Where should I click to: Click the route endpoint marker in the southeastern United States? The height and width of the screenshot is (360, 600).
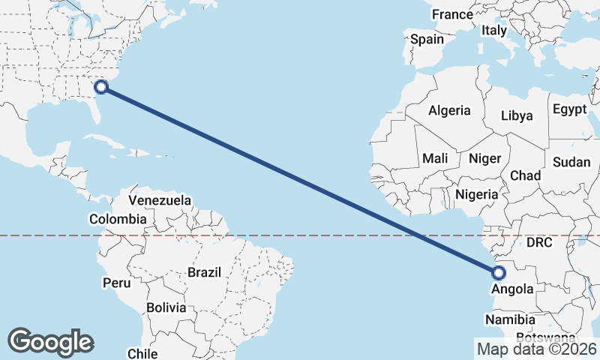tap(102, 86)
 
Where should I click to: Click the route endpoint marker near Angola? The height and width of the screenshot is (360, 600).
tap(499, 272)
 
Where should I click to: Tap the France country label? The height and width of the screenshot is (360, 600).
tap(452, 14)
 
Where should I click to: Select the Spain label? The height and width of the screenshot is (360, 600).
tap(427, 39)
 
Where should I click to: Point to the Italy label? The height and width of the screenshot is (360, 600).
tap(494, 31)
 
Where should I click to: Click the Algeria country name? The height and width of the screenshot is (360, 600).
tap(449, 110)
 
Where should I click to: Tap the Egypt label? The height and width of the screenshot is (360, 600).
tap(569, 109)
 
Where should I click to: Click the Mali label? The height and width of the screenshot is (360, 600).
tap(435, 158)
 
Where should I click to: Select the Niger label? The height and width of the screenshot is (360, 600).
tap(484, 158)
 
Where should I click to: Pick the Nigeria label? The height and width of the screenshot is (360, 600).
tap(476, 194)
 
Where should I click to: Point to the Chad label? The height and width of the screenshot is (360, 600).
tap(525, 175)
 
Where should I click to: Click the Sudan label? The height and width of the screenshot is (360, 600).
tap(571, 162)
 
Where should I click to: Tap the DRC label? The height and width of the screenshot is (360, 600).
tap(538, 243)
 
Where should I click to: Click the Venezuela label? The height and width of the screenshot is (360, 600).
tap(160, 200)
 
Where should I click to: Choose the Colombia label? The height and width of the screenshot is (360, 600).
tap(118, 219)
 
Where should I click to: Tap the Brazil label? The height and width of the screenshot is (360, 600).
tap(205, 271)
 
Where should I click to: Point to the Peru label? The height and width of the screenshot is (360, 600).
tap(116, 283)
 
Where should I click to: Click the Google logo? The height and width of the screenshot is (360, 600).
tap(50, 342)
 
